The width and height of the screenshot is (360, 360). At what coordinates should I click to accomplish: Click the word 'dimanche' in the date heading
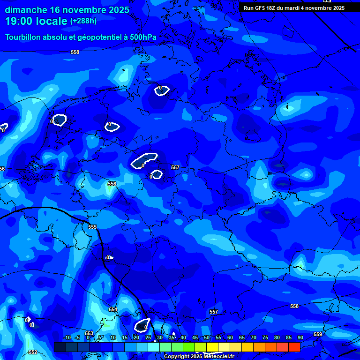(26, 10)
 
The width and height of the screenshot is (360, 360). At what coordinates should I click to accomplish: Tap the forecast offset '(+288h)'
(83, 21)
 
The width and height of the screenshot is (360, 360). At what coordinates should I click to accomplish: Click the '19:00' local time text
(19, 21)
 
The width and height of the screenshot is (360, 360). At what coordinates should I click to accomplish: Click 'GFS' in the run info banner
(263, 8)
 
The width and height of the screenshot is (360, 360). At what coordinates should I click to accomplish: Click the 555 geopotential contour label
(92, 227)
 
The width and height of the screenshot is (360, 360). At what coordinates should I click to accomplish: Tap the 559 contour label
(318, 334)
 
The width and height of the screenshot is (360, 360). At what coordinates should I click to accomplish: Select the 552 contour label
(32, 352)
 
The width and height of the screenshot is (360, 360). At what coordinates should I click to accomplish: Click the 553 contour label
(89, 333)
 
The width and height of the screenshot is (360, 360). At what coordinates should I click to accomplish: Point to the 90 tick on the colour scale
(300, 338)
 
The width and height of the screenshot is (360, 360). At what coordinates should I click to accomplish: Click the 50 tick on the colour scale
(206, 338)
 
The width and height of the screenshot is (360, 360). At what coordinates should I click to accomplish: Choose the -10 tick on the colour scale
(67, 338)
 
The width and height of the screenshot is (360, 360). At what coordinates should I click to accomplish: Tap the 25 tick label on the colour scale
(148, 338)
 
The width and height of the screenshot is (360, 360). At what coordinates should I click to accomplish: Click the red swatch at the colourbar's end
(294, 347)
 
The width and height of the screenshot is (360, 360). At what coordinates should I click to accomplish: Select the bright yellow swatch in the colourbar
(212, 347)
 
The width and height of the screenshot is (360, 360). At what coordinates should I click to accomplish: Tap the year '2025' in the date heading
(115, 10)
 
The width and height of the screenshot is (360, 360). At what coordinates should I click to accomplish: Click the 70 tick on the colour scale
(253, 338)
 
